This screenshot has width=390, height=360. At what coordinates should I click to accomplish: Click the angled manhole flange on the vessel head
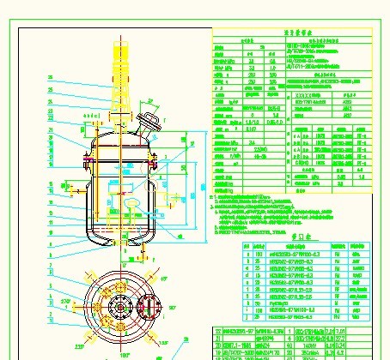point(150,122)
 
